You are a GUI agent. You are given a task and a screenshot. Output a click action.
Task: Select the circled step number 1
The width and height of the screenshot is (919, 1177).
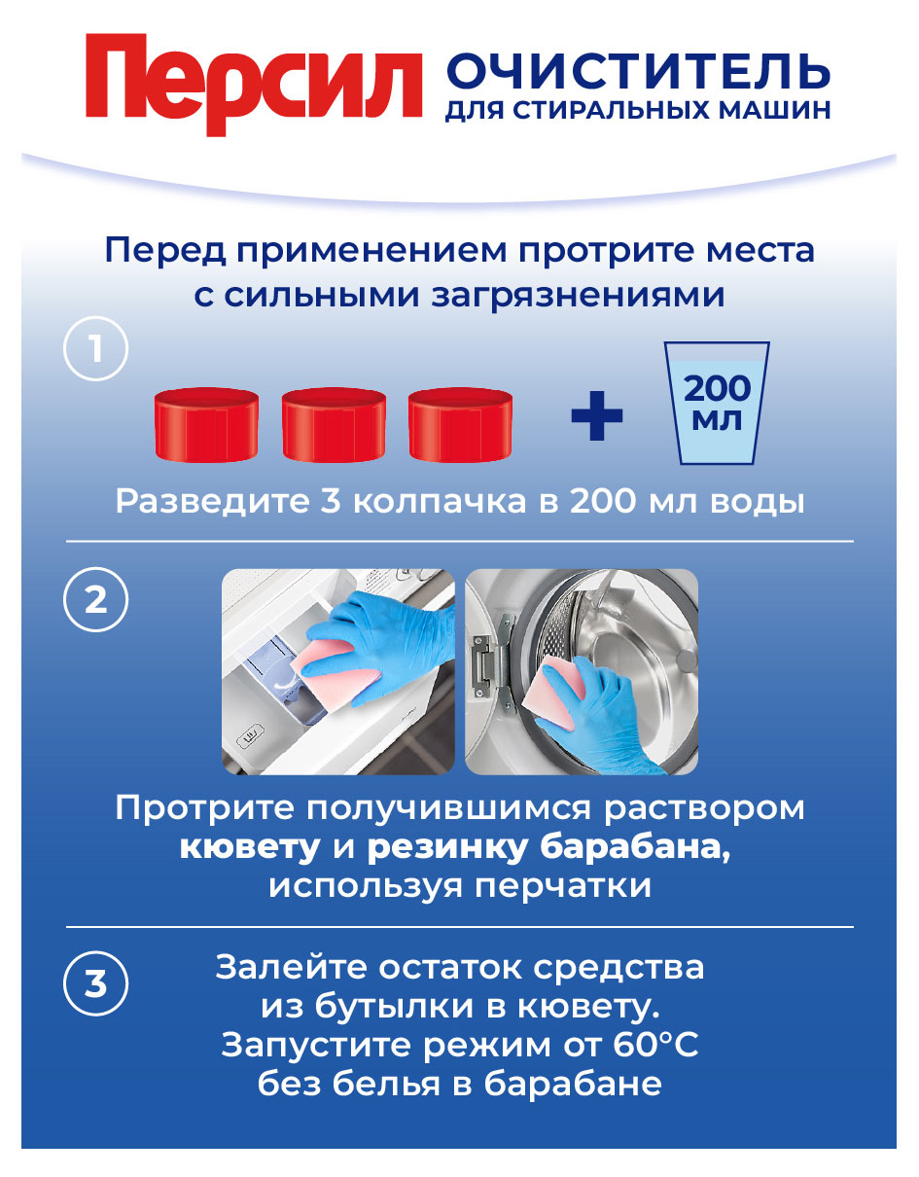(95, 349)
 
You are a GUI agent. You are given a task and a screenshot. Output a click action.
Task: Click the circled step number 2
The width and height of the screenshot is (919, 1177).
(95, 600)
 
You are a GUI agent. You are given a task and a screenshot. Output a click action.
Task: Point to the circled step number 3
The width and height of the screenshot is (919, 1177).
(95, 984)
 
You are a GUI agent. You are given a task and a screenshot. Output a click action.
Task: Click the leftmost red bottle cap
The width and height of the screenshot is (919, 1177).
(206, 424)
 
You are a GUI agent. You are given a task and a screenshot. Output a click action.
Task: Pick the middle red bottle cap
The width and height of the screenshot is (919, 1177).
(334, 424)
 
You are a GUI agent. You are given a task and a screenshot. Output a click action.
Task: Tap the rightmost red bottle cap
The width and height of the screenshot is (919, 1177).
(460, 424)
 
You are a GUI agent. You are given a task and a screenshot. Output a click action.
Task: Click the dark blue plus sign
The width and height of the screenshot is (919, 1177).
(596, 415)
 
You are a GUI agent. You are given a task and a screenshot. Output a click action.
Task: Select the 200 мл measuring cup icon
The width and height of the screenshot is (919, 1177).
(717, 403)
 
